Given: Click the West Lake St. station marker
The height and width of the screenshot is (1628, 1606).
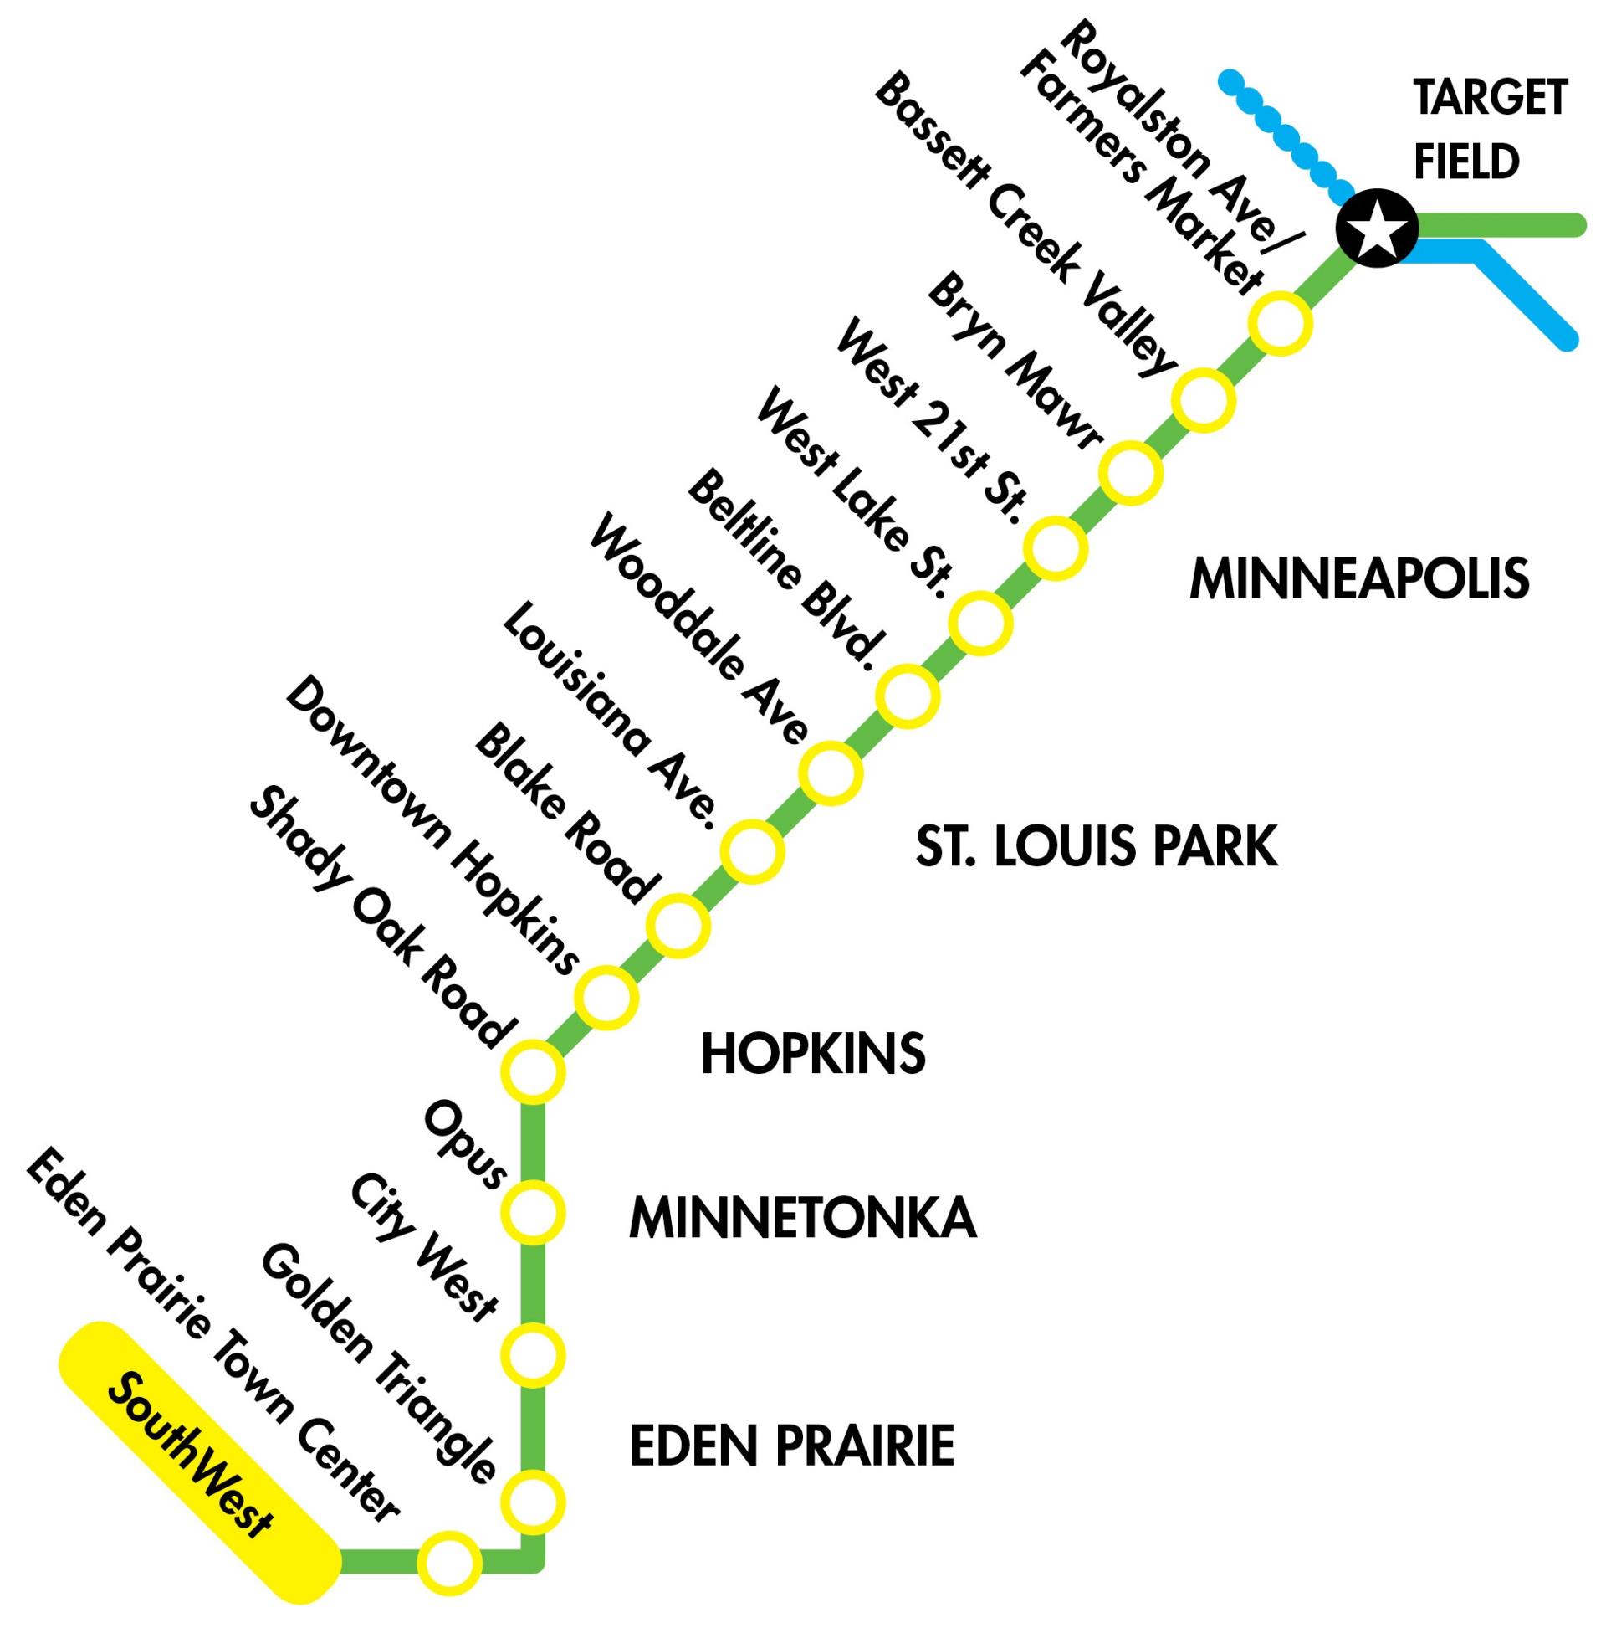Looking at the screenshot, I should click(x=980, y=624).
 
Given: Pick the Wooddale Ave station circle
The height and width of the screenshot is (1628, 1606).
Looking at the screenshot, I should click(x=831, y=773).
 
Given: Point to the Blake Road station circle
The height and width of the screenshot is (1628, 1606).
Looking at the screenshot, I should click(x=678, y=925).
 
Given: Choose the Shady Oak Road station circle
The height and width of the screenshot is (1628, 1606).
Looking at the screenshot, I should click(x=532, y=1072).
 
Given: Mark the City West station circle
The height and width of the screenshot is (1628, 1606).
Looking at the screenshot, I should click(x=532, y=1355).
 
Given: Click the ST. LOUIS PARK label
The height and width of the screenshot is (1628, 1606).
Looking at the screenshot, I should click(x=1097, y=848).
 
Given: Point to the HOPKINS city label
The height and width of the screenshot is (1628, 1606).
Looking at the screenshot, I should click(x=813, y=1054).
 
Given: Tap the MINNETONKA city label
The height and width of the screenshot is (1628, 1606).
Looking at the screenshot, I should click(x=802, y=1218).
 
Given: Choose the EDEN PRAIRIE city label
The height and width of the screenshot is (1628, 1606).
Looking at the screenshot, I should click(x=791, y=1446).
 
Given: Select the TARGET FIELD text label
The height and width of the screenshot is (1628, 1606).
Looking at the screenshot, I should click(x=1489, y=130).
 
